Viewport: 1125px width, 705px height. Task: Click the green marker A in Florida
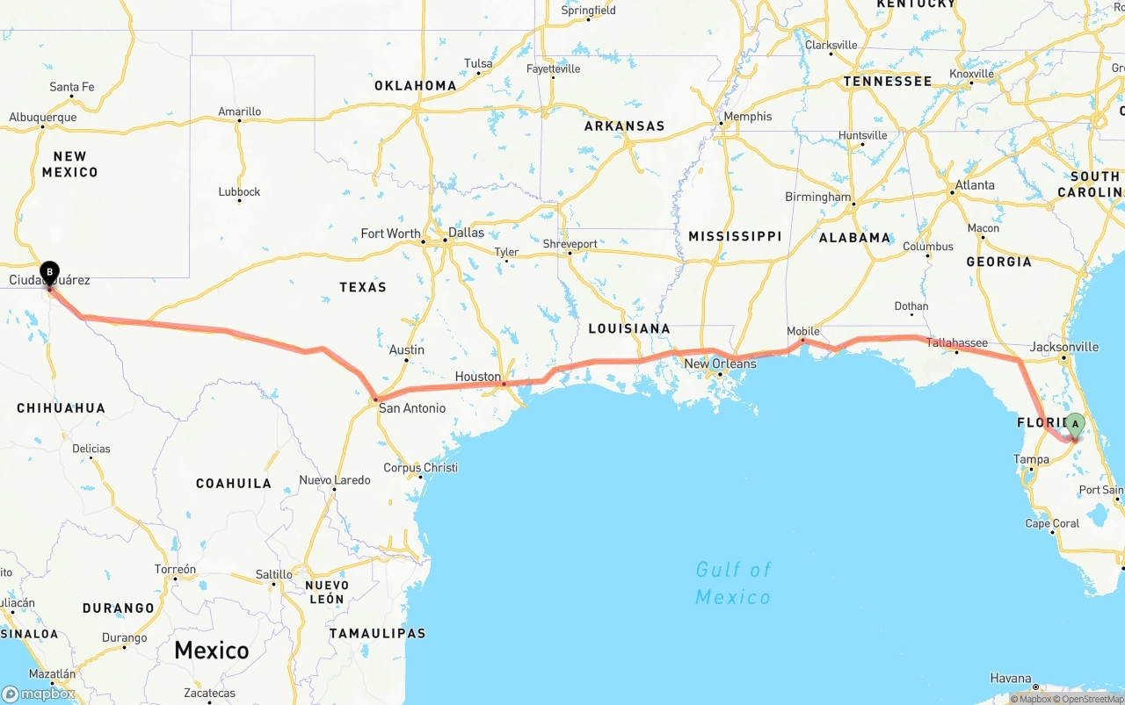point(1074,425)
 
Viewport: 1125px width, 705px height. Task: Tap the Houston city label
point(478,377)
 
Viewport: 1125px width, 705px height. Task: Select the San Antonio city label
point(411,408)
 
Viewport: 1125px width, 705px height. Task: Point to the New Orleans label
point(720,363)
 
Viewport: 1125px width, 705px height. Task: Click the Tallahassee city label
point(956,343)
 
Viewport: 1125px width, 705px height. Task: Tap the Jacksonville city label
point(1063,347)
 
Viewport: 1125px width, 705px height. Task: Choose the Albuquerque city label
point(43,117)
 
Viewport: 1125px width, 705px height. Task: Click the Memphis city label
point(747,116)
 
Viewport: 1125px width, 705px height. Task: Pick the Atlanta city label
point(975,185)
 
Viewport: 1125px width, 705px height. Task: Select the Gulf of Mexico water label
point(733,583)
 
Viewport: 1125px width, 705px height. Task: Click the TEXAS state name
point(363,287)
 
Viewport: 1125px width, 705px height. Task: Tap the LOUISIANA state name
point(629,328)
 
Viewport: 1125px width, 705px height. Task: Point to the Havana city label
point(1011,678)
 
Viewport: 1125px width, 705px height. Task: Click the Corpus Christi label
point(420,467)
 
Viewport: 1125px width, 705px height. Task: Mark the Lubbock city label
point(239,191)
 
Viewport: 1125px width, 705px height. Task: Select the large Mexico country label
point(211,651)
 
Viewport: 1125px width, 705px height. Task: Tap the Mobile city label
point(803,331)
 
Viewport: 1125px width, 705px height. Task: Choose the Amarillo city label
point(240,112)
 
